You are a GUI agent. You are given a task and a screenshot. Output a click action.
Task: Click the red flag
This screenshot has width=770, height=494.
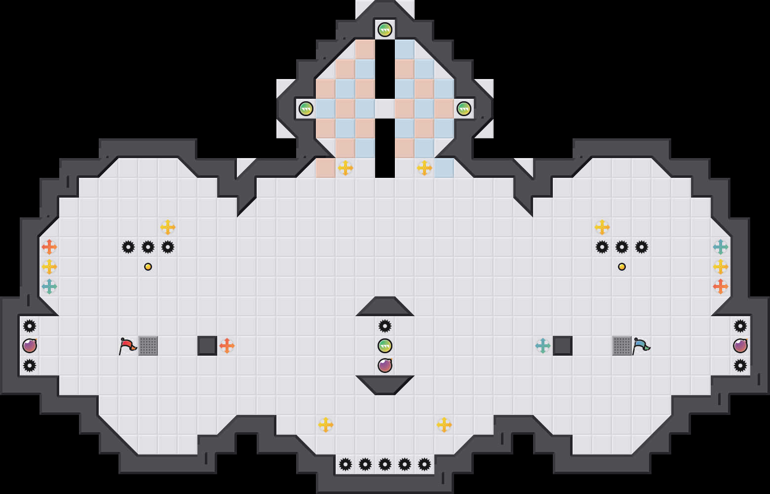point(127,345)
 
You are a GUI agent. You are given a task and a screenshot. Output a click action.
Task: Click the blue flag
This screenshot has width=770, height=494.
point(641,345)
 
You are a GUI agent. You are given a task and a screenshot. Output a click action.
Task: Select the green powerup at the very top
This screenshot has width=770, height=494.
point(385,30)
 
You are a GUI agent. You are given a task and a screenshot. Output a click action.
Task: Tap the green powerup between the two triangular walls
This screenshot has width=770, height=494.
point(385,346)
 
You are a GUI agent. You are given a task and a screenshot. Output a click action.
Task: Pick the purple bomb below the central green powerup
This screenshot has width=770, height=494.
point(385,366)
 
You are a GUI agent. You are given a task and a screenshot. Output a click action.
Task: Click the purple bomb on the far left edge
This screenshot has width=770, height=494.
point(30,346)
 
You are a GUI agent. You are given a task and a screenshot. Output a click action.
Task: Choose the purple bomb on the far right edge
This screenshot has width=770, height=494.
point(740,346)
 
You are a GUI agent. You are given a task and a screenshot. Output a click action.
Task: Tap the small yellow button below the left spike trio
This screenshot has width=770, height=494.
point(148,267)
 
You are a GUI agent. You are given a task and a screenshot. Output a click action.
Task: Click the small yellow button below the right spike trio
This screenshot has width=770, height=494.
point(622,267)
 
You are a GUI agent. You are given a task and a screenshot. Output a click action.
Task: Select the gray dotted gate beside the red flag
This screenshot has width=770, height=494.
point(148,346)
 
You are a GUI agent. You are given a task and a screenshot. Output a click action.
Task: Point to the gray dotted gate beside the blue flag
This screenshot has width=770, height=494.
point(622,346)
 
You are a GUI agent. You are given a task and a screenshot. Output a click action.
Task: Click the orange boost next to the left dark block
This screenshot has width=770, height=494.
point(227,346)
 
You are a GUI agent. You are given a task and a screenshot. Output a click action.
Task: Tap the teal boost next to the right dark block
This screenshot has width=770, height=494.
point(543,346)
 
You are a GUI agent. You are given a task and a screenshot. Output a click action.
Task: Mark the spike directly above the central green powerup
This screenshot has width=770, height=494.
point(385,326)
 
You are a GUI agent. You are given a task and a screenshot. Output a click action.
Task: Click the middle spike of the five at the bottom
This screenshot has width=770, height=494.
point(385,464)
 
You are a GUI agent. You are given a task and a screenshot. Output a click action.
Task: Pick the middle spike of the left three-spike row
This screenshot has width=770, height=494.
point(148,247)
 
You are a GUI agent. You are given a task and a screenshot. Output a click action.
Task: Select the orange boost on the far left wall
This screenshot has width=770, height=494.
point(49,247)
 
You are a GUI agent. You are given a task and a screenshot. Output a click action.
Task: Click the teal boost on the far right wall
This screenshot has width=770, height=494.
point(721,247)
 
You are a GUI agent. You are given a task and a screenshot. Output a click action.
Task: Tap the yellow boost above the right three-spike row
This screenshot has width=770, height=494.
point(602,227)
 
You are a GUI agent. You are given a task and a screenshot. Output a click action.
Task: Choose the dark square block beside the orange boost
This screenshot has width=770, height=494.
point(207,346)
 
